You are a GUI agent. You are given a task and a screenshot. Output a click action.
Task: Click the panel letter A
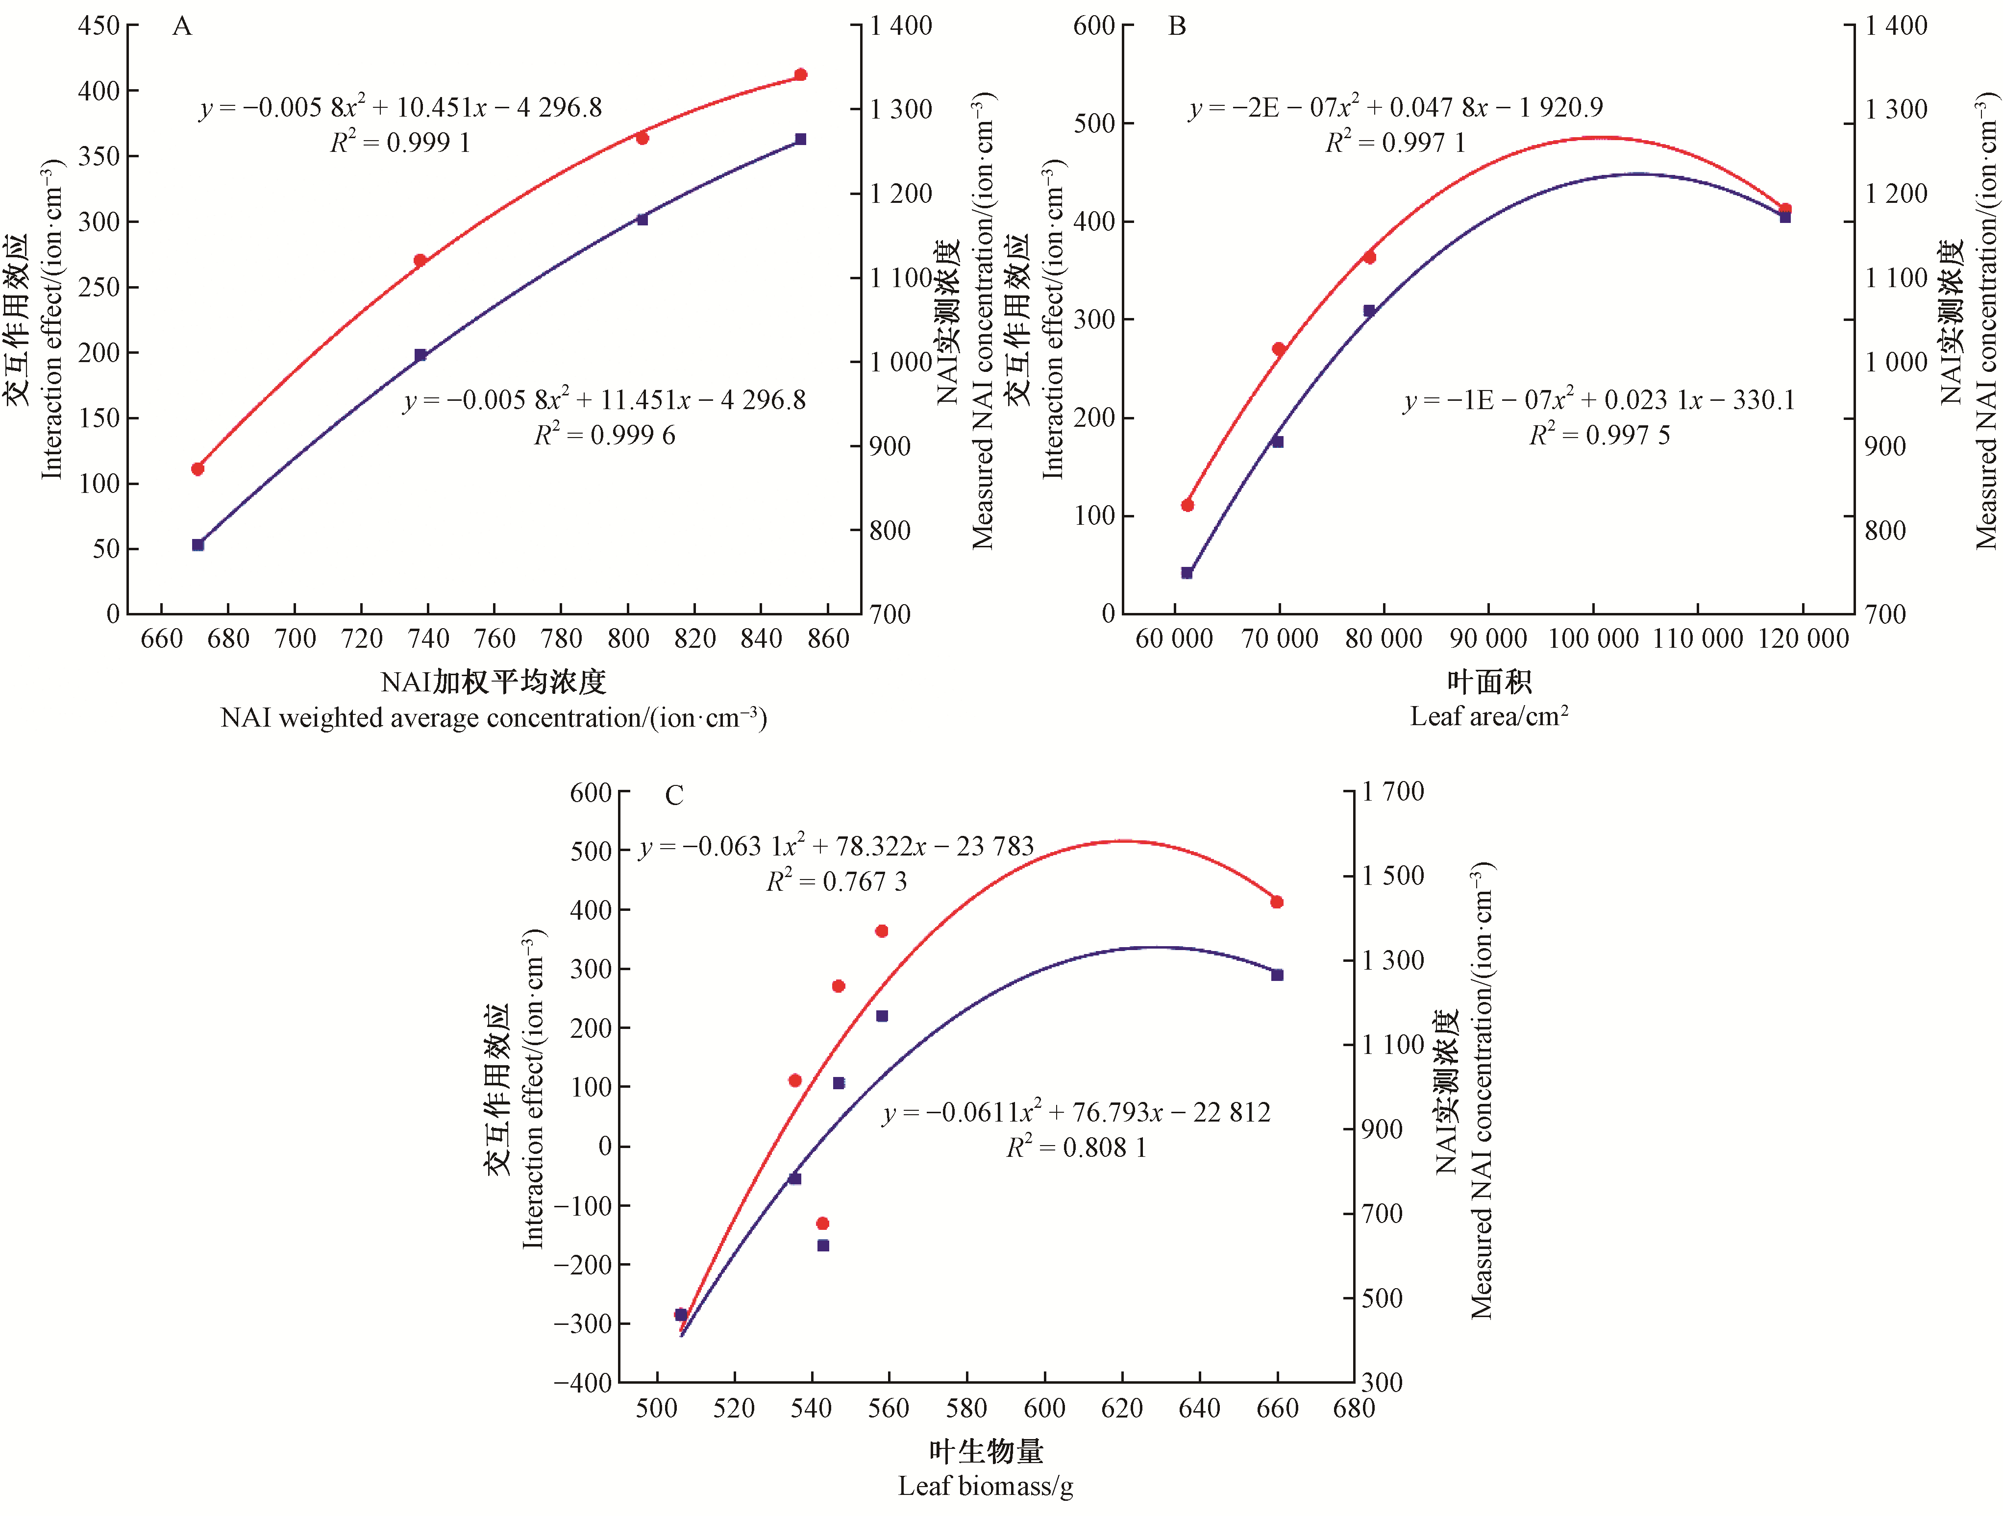coord(182,26)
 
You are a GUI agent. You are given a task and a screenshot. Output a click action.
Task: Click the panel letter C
coord(674,796)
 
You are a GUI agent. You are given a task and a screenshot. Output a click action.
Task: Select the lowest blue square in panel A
coord(198,545)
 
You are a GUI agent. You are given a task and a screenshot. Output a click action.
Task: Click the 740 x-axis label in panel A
coord(428,639)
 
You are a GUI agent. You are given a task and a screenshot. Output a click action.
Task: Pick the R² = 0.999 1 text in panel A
coord(400,142)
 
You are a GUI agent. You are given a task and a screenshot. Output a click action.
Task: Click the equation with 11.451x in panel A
coord(604,399)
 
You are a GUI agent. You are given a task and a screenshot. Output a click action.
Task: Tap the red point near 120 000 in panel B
coord(1785,209)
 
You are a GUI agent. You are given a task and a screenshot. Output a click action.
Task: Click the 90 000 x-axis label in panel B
coord(1489,639)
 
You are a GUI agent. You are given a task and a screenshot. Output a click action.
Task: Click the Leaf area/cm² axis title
coord(1489,717)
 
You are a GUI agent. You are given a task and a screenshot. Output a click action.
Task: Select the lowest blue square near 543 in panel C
coord(823,1246)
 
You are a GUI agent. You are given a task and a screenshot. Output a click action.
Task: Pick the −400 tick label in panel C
coord(583,1382)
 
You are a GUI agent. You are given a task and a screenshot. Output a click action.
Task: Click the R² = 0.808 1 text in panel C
coord(1077,1148)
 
